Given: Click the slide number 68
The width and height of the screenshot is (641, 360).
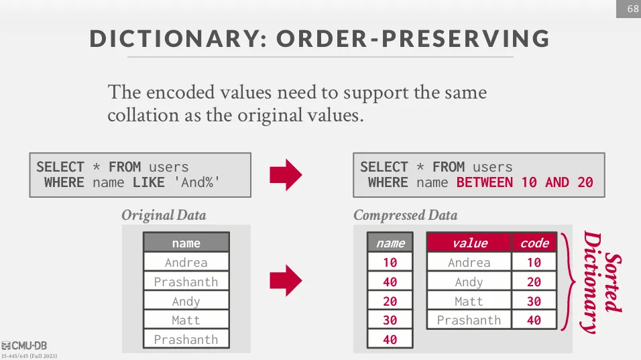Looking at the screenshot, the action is pos(633,9).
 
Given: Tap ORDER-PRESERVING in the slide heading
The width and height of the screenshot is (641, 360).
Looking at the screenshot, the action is pos(413,39).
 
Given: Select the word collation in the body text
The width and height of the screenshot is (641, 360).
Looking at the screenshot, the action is pos(143,115).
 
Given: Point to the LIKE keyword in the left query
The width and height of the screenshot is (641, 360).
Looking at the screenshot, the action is pos(148,182).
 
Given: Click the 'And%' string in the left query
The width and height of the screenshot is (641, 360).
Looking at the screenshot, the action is pos(197,182).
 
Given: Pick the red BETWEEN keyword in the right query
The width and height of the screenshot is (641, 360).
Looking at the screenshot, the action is pos(484,182).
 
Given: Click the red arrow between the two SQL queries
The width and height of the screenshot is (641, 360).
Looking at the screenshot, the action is pos(286,175).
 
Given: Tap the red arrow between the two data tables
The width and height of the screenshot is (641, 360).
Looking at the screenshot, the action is pos(286,280).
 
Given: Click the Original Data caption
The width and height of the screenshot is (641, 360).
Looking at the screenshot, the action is pos(164,215).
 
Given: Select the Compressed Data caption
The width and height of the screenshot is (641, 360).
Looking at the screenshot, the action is pos(406,215).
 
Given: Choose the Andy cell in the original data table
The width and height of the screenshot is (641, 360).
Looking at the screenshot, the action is pos(186,301).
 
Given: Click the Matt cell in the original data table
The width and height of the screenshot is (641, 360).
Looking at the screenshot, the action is pos(186,320).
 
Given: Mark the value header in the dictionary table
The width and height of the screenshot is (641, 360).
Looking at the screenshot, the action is pos(469,243).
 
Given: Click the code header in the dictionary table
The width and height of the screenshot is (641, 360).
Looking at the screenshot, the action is pos(534,243).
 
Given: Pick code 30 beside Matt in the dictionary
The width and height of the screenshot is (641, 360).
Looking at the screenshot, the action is pos(534,301).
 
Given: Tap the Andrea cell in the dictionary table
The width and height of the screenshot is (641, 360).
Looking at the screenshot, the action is pos(469,262).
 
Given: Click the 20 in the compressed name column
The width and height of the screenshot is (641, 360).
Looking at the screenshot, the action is pos(390,301).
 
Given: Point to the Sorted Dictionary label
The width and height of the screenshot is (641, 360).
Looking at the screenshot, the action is pos(601,282).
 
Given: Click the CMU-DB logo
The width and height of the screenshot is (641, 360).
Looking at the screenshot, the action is pos(24,346).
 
